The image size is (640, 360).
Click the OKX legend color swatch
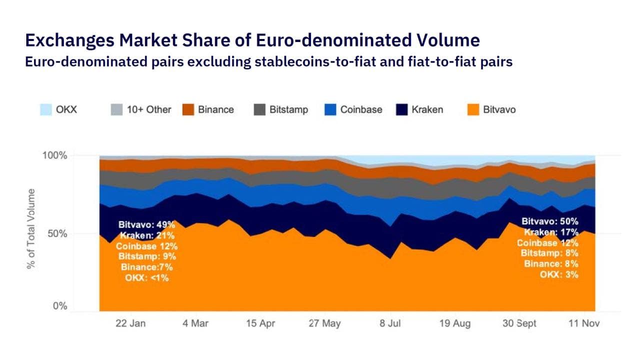[x=46, y=109]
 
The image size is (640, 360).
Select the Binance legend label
[x=215, y=109]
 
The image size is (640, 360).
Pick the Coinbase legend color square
[x=330, y=109]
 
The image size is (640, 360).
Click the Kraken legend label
[x=426, y=109]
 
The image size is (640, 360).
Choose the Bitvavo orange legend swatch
[x=473, y=109]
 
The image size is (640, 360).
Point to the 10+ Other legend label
[x=148, y=109]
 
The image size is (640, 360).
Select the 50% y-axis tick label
[x=58, y=233]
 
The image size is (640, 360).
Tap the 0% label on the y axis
[x=60, y=306]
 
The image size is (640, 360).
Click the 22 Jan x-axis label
[x=130, y=323]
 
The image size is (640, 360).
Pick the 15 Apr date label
[x=260, y=323]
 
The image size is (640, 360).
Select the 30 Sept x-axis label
[x=519, y=323]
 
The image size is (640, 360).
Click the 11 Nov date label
[x=583, y=323]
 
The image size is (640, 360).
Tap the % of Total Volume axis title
[x=31, y=228]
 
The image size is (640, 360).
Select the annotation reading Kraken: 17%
[x=551, y=232]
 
